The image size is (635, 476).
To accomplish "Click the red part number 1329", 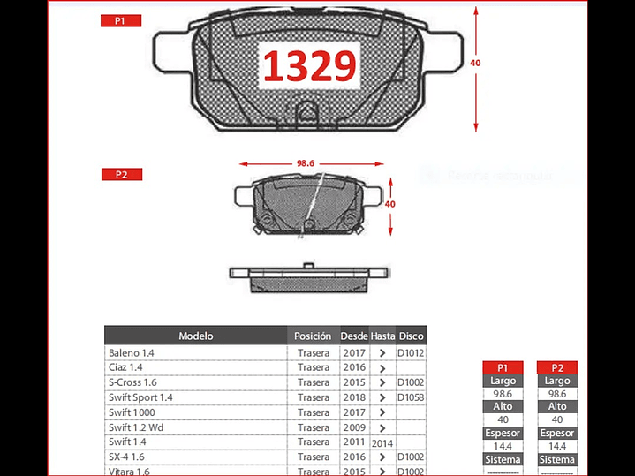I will [x=308, y=66].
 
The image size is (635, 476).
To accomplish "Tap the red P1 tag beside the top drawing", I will [x=120, y=20].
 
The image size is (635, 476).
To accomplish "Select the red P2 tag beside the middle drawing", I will [x=121, y=175].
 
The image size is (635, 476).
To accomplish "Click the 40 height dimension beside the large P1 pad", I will [x=476, y=64].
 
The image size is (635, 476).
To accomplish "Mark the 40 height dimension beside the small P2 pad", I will [x=389, y=204].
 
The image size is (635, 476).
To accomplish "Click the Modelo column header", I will [x=196, y=336].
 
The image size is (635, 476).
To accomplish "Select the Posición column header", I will [x=313, y=336].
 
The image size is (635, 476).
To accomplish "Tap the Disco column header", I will [x=411, y=336].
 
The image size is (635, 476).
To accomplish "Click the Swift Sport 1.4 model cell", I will [x=140, y=397].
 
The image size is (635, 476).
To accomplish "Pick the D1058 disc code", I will [x=411, y=397].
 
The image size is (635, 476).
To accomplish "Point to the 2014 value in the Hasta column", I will [x=382, y=442].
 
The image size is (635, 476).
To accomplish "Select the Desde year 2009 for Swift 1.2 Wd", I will [x=353, y=427].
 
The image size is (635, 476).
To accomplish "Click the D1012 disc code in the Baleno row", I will [x=411, y=352].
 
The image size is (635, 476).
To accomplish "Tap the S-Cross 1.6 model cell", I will [x=132, y=382].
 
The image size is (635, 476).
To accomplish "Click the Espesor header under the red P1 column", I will [x=503, y=434].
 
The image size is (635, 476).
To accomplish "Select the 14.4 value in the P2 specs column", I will [x=557, y=447].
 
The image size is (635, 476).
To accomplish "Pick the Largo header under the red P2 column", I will [x=557, y=381].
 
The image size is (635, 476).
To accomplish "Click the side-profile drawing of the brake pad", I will [x=306, y=276].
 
